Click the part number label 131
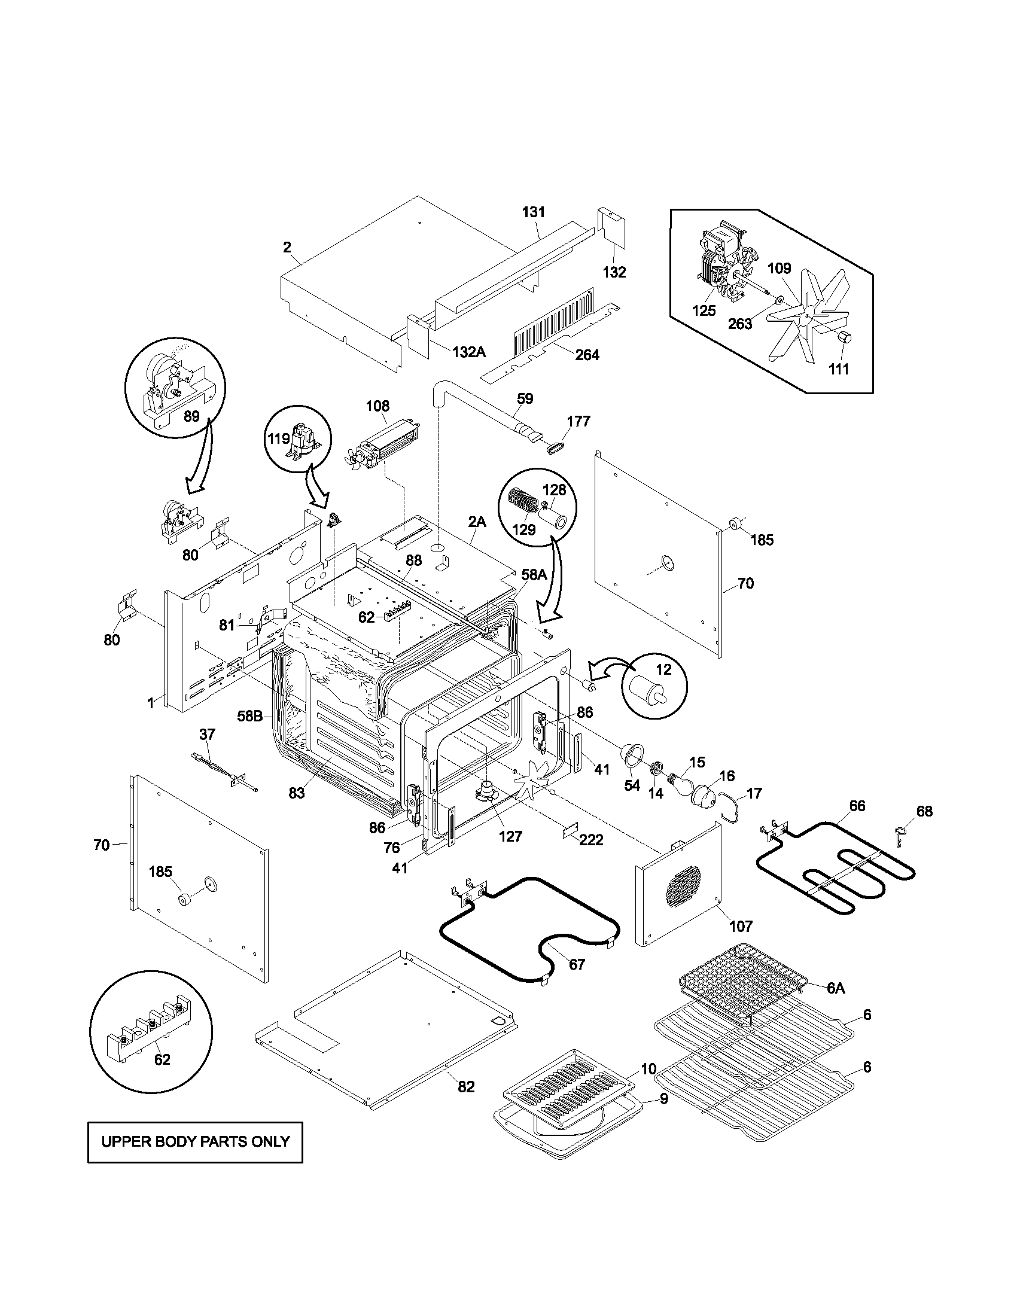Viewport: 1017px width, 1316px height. (533, 212)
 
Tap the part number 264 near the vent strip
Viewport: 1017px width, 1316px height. (587, 355)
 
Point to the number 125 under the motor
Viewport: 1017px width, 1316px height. (704, 311)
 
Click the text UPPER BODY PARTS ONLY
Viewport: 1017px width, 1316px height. (195, 1141)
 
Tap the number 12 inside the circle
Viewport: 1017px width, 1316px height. (663, 669)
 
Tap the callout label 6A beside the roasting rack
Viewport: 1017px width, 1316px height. (836, 988)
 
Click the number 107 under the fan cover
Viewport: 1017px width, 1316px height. (741, 927)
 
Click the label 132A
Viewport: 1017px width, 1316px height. (468, 352)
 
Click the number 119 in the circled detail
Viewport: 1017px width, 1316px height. (279, 438)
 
